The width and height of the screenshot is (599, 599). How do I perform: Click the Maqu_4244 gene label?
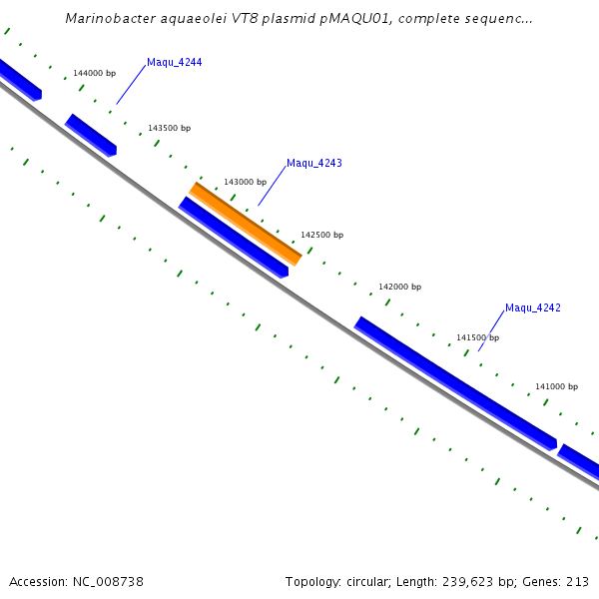pos(174,63)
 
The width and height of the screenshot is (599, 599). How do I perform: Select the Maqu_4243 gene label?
pos(313,163)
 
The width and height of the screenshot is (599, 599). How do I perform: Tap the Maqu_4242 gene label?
pos(532,307)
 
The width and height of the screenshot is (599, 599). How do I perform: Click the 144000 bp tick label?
pos(94,74)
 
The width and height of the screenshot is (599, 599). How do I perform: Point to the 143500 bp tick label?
pos(169,129)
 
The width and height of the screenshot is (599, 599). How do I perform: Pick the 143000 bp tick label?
pos(245,183)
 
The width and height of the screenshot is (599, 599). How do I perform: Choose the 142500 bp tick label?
pos(321,236)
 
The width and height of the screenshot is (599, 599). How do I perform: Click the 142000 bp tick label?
pos(399,288)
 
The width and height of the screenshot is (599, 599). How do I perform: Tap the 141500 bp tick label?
pos(477,338)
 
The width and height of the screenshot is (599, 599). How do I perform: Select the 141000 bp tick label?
pos(556,387)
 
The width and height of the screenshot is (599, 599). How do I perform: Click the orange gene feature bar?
pos(246,224)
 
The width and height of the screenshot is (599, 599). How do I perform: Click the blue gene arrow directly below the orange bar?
pos(234,238)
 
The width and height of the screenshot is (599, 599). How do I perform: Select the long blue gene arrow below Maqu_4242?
pos(455,383)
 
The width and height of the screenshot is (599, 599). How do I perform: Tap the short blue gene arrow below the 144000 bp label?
pos(91,135)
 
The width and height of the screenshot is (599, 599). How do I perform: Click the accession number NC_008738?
pos(107,581)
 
